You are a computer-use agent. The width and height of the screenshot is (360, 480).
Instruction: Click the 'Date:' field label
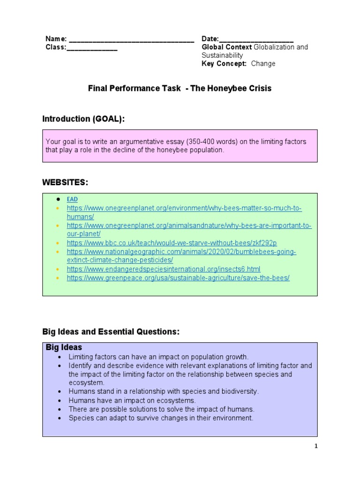[210, 39]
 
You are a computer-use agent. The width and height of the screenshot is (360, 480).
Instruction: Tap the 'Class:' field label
[56, 47]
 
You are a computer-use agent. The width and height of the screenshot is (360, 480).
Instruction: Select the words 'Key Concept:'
[224, 64]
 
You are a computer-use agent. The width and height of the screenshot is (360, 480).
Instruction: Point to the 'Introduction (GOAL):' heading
[83, 119]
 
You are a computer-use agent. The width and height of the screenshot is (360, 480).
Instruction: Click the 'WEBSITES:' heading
[65, 182]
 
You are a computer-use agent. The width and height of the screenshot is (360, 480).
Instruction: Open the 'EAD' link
[72, 199]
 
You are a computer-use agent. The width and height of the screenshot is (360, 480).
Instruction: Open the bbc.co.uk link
[172, 243]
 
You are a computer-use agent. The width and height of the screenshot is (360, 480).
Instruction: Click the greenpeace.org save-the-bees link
[178, 278]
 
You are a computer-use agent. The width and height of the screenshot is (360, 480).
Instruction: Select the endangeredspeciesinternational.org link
[163, 269]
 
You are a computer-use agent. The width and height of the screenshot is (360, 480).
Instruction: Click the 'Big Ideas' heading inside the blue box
[64, 347]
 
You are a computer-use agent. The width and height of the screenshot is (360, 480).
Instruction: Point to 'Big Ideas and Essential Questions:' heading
[111, 332]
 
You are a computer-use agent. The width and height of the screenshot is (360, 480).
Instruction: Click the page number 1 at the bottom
[316, 446]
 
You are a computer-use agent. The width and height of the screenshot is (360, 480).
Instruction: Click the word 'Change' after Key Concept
[263, 64]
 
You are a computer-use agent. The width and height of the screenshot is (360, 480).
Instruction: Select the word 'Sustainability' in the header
[222, 55]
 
